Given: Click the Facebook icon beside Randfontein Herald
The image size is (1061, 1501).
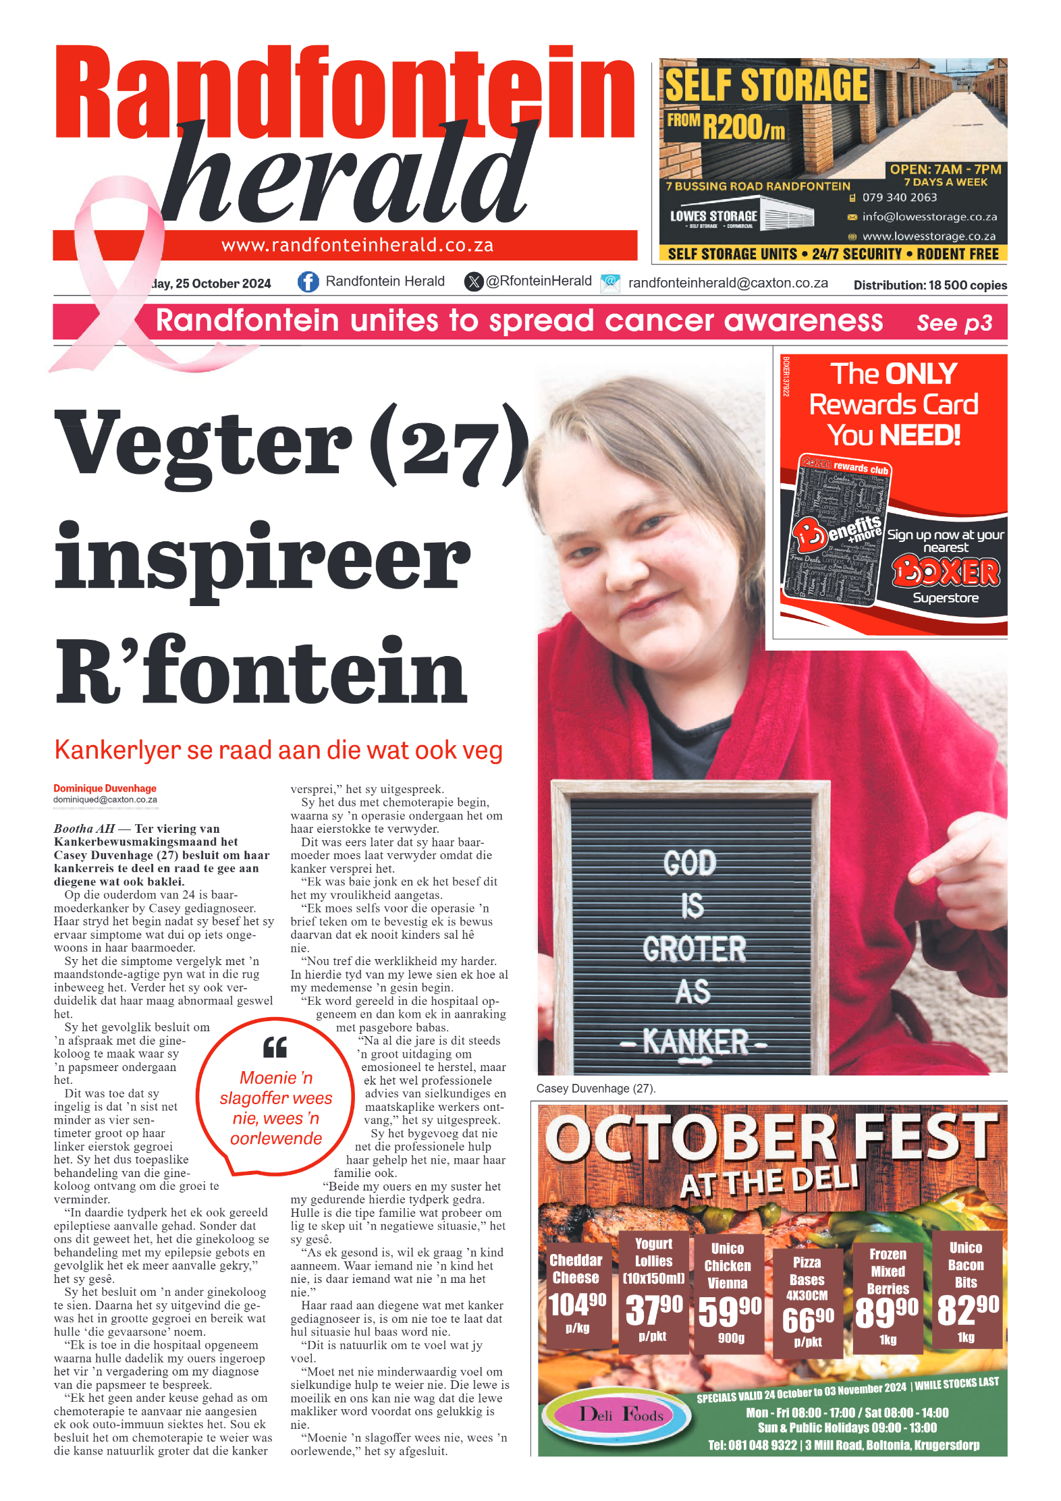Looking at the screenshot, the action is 308,281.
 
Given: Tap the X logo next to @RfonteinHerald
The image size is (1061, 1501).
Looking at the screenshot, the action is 474,281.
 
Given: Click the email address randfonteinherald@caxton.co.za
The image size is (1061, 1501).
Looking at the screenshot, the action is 728,283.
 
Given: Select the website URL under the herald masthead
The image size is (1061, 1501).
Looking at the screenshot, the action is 357,245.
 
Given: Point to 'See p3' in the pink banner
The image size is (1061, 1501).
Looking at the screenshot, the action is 954,323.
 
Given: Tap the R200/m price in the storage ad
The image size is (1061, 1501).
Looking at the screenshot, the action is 743,126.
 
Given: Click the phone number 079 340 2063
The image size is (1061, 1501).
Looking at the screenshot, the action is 899,198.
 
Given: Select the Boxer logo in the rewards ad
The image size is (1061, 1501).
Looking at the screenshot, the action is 946,572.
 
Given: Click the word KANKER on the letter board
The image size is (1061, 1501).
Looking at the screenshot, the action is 695,1042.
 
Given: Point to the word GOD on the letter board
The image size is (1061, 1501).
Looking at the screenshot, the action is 689,863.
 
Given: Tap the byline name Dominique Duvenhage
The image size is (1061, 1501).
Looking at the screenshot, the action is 105,788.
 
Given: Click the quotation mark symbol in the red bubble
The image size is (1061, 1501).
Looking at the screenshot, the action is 275,1047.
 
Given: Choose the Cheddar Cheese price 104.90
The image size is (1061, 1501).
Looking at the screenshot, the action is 576,1305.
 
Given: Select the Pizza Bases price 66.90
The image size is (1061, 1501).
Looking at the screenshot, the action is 807,1319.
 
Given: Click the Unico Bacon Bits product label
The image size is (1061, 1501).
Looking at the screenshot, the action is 965,1265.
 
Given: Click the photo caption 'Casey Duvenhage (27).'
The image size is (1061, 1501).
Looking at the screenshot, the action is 595,1089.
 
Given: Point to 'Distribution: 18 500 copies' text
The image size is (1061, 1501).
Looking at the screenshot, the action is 929,285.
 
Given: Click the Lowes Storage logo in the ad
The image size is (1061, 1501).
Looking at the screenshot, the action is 714,217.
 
